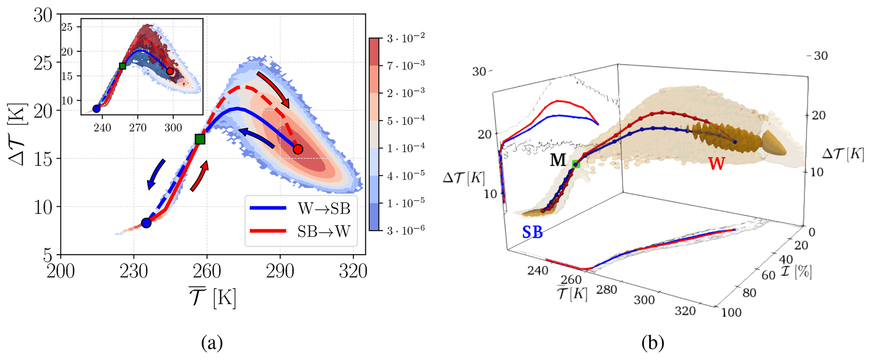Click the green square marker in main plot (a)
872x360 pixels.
[200, 139]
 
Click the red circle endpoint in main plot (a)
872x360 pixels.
[298, 149]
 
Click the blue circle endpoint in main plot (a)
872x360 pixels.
[146, 223]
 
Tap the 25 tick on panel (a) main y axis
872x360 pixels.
[43, 63]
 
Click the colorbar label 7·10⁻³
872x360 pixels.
[405, 65]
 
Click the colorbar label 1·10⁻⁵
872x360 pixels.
[405, 203]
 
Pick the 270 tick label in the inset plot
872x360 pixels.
[138, 128]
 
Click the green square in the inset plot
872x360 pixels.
[122, 66]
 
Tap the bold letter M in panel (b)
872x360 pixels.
[558, 160]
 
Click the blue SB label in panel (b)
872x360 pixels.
[532, 232]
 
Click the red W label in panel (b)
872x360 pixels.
[716, 163]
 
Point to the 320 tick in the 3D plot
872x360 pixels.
[685, 311]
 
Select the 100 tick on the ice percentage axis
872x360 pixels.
[731, 312]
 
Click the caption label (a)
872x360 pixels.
[212, 342]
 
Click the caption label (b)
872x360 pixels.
[653, 342]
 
